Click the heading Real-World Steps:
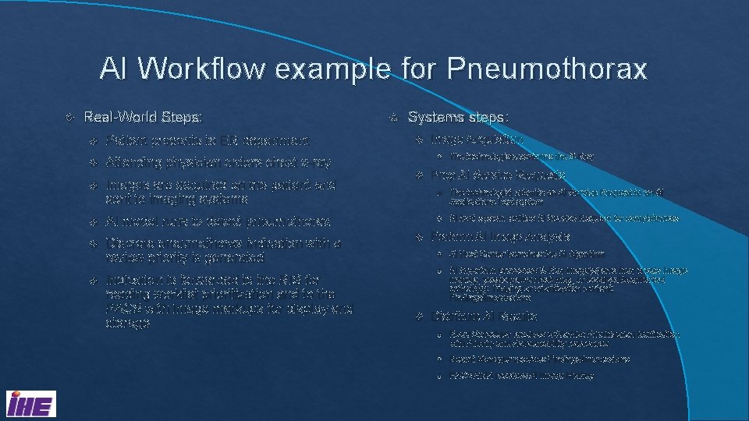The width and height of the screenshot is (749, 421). click(143, 117)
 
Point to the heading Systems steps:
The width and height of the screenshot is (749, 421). click(458, 117)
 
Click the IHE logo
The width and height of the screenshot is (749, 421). click(30, 405)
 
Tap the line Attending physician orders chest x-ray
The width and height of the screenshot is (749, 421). click(218, 163)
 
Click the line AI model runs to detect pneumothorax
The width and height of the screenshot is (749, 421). click(218, 221)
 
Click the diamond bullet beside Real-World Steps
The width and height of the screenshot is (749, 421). click(70, 118)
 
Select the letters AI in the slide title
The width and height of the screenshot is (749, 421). click(114, 70)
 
